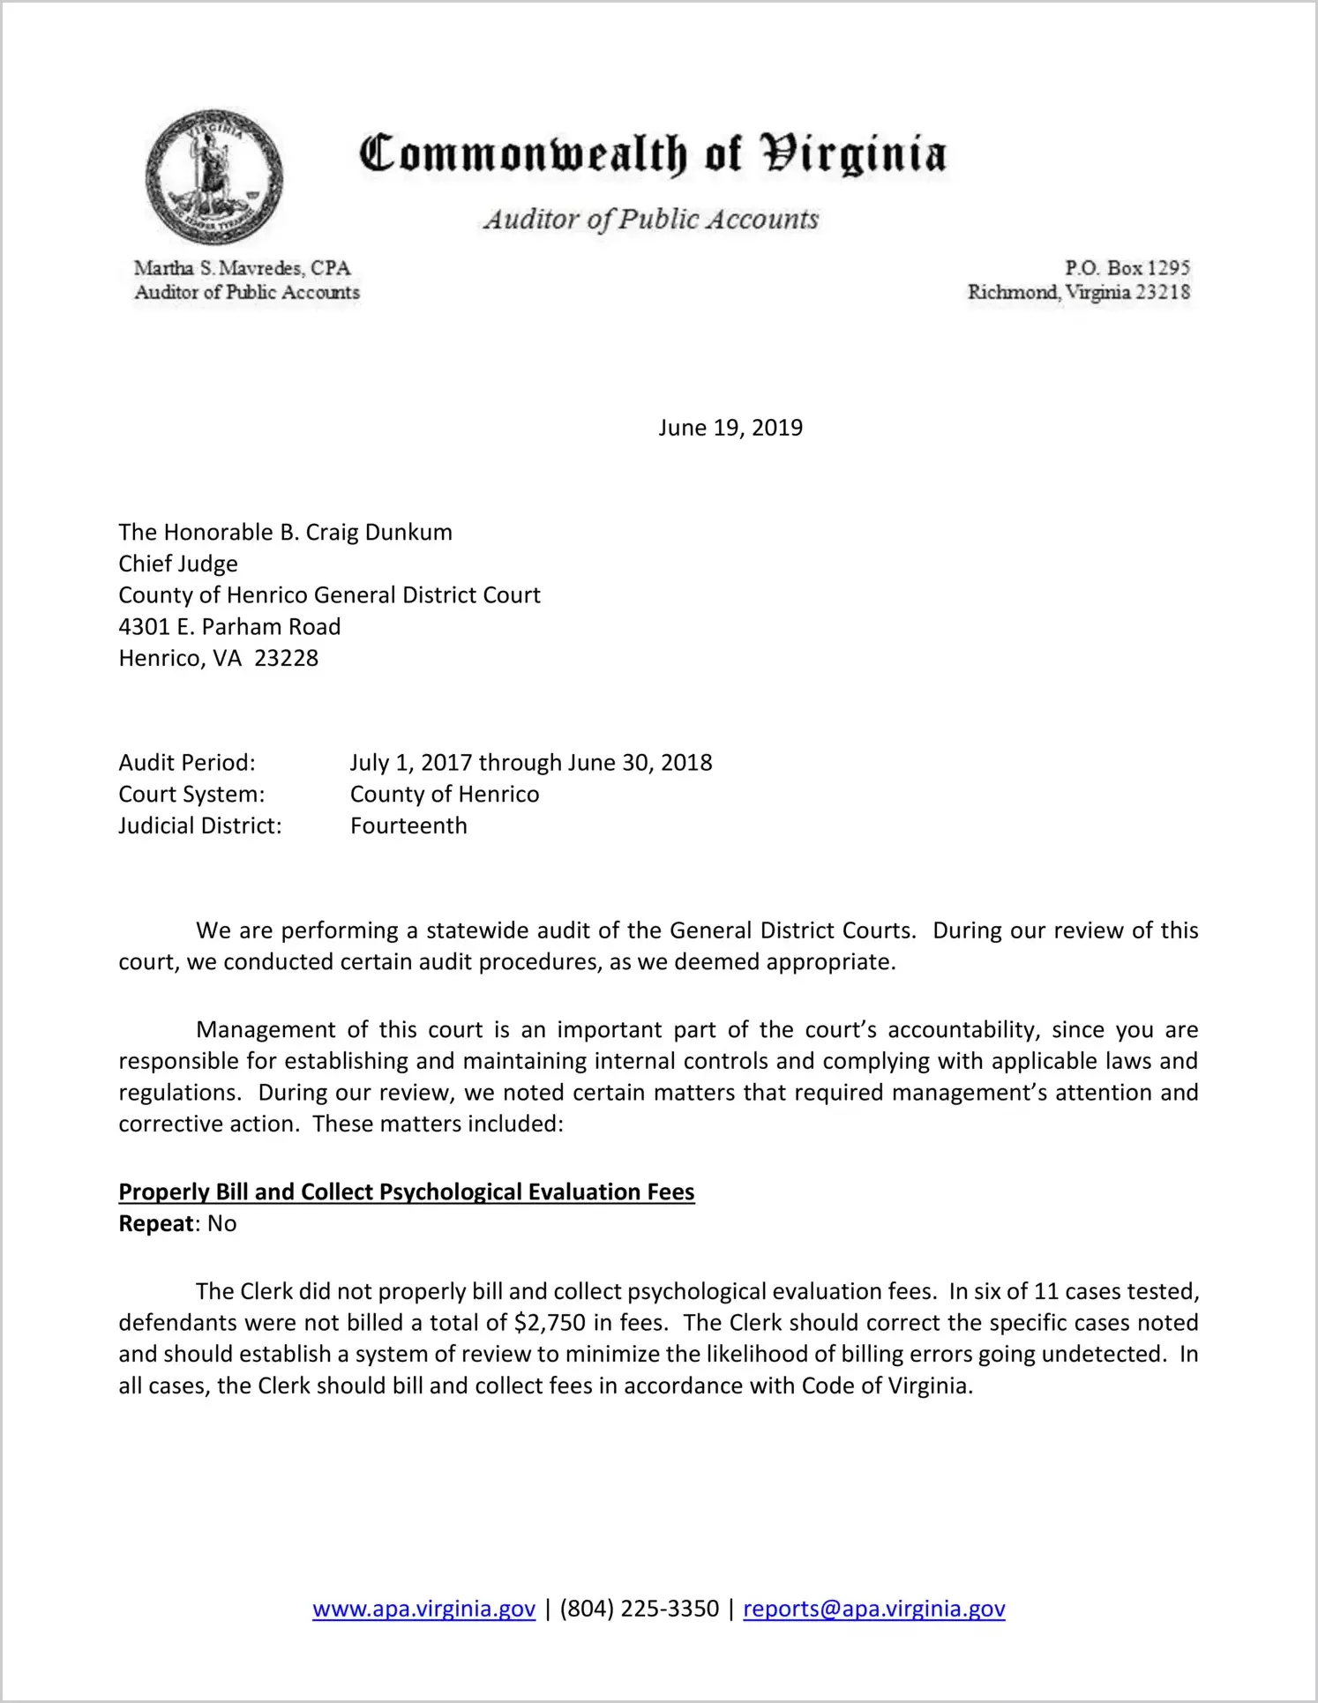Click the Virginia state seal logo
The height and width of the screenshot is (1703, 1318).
[214, 176]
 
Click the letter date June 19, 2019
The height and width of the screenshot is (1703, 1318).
[730, 428]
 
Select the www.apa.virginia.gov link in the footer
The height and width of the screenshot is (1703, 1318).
[423, 1609]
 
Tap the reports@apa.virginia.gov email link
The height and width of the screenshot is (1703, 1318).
[873, 1609]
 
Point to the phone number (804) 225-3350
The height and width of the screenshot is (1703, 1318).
[639, 1609]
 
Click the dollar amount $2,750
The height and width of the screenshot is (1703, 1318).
[550, 1323]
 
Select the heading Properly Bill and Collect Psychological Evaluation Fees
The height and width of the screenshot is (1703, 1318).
[407, 1192]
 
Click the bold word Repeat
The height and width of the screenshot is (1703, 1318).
[156, 1224]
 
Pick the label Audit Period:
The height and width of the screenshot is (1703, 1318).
[187, 763]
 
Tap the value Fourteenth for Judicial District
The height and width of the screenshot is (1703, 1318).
[408, 826]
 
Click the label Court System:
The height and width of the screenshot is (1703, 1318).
[191, 795]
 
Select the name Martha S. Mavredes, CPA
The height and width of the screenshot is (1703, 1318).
[242, 268]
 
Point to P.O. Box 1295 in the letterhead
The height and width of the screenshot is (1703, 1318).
[1127, 268]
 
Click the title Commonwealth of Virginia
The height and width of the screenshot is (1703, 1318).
[653, 154]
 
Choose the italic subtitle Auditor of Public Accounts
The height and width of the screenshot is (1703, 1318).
[651, 220]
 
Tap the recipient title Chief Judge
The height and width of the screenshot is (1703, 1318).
[178, 564]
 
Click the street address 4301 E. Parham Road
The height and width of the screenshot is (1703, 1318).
[229, 627]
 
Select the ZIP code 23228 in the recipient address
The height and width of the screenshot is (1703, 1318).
[286, 659]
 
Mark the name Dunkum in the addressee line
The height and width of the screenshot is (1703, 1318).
[408, 533]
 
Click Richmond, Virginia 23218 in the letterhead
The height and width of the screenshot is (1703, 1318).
[1078, 293]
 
